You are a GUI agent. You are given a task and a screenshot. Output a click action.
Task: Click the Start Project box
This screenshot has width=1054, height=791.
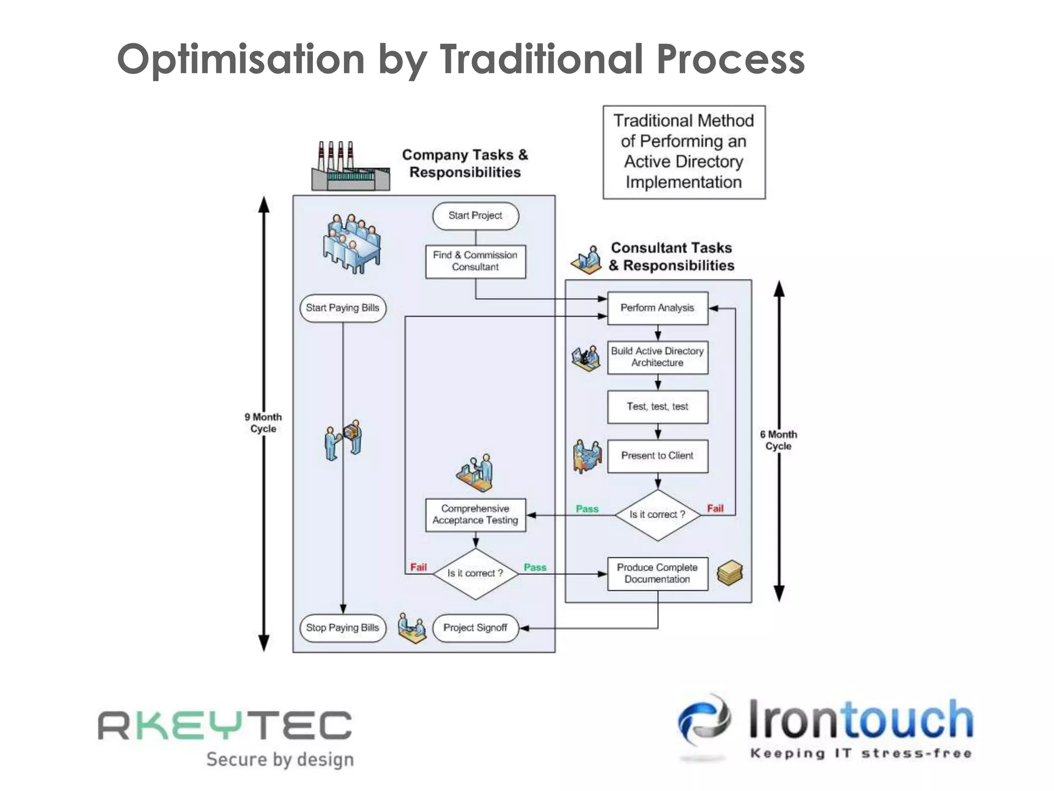pyautogui.click(x=475, y=216)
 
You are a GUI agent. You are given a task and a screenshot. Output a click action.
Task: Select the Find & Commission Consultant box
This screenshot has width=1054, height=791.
pyautogui.click(x=475, y=262)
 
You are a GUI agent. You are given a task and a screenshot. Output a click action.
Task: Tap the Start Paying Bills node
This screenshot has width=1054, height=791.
pyautogui.click(x=342, y=308)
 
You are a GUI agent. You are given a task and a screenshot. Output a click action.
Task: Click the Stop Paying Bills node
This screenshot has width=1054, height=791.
pyautogui.click(x=342, y=628)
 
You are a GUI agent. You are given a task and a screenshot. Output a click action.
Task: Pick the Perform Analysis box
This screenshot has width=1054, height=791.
pyautogui.click(x=657, y=308)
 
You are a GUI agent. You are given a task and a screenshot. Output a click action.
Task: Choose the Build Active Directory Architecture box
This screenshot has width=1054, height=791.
pyautogui.click(x=657, y=357)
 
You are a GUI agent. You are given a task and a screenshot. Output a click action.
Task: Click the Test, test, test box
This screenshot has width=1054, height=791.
pyautogui.click(x=657, y=407)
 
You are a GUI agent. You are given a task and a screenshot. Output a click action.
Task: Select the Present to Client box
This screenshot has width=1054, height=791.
pyautogui.click(x=657, y=456)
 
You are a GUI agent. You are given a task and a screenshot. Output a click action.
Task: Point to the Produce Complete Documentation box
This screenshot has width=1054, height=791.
pyautogui.click(x=657, y=573)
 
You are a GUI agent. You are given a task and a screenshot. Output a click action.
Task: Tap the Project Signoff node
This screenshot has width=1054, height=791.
pyautogui.click(x=475, y=628)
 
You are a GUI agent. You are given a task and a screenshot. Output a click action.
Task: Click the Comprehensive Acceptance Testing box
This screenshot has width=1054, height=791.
pyautogui.click(x=475, y=514)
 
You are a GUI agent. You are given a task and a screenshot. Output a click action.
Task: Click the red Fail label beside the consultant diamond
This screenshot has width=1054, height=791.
pyautogui.click(x=715, y=508)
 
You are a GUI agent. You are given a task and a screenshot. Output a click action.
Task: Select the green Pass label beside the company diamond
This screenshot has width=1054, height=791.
pyautogui.click(x=535, y=567)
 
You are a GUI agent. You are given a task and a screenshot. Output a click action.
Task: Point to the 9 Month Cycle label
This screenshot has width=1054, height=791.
pyautogui.click(x=263, y=423)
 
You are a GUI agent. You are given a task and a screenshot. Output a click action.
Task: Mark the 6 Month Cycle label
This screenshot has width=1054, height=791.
pyautogui.click(x=778, y=440)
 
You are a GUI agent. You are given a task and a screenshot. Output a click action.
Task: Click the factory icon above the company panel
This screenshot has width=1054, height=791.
pyautogui.click(x=350, y=167)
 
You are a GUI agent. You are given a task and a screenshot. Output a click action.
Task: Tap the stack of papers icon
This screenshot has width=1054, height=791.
pyautogui.click(x=730, y=573)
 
